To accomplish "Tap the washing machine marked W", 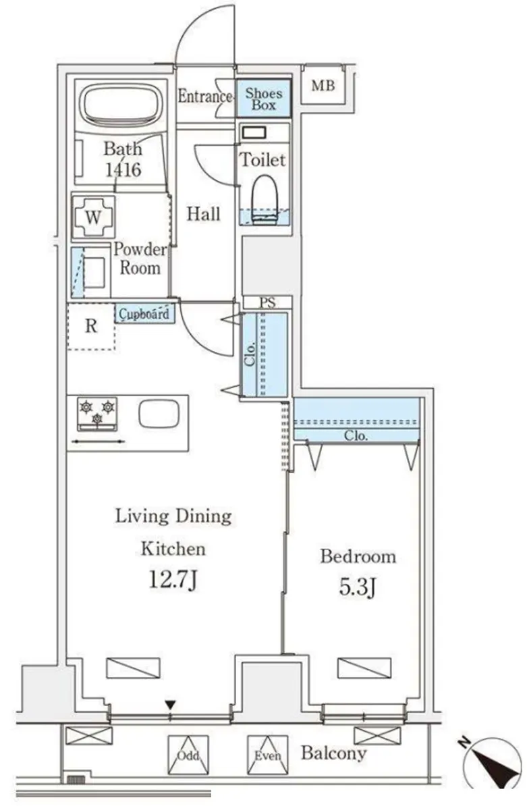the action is point(93,217).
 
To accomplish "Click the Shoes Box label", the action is point(263,99).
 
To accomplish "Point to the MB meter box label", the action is point(323,85).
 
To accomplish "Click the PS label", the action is point(267,303).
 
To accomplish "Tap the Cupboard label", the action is point(144,313).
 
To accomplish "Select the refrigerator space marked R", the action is point(91,327).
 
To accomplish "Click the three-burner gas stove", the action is point(97,414).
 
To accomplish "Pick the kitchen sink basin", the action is point(159,414).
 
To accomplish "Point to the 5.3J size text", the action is point(358,587).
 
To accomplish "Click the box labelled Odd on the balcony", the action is point(188,755).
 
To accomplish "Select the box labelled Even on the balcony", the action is point(268,755).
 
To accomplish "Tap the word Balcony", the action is point(334,753).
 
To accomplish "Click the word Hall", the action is point(203,214).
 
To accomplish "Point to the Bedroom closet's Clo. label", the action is point(356,436).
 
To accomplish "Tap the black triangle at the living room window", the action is point(171,704).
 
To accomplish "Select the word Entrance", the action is point(205,96).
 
